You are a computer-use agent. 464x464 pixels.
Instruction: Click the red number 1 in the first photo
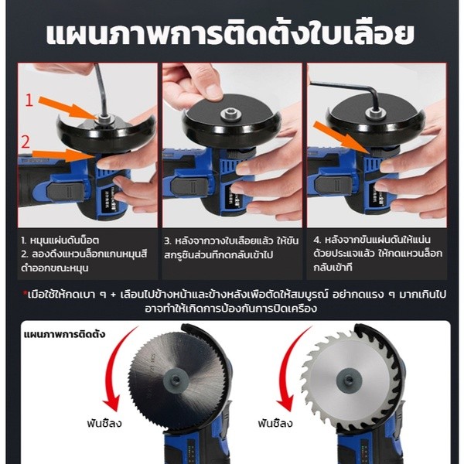29,99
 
